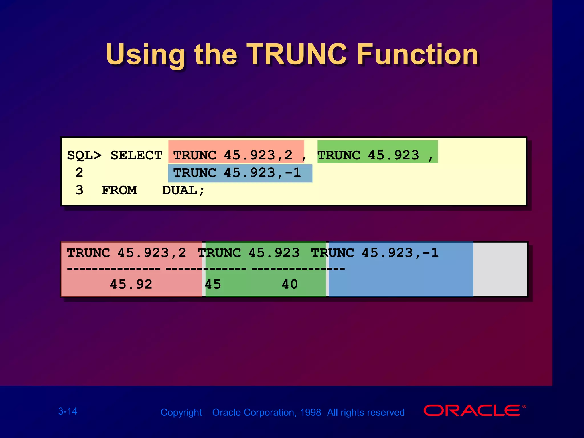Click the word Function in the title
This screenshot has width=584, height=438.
pyautogui.click(x=418, y=54)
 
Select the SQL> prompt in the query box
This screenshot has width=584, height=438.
pyautogui.click(x=84, y=155)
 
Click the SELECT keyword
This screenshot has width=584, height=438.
pyautogui.click(x=136, y=155)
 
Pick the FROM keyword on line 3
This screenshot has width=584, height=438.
pyautogui.click(x=119, y=190)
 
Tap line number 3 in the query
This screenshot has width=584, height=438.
pyautogui.click(x=79, y=190)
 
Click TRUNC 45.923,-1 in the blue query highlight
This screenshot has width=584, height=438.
pyautogui.click(x=237, y=173)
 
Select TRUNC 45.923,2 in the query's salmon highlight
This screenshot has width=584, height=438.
pyautogui.click(x=233, y=155)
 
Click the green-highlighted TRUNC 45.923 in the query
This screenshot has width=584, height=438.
pyautogui.click(x=368, y=155)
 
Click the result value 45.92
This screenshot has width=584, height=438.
pyautogui.click(x=131, y=284)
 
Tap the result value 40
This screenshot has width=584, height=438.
pyautogui.click(x=290, y=284)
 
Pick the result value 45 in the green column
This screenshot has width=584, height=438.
pyautogui.click(x=213, y=284)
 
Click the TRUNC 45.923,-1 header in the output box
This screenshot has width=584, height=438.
pyautogui.click(x=375, y=253)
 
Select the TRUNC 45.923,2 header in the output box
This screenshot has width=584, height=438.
pyautogui.click(x=126, y=253)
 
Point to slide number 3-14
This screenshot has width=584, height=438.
pyautogui.click(x=68, y=411)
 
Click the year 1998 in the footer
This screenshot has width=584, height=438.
pyautogui.click(x=310, y=412)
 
